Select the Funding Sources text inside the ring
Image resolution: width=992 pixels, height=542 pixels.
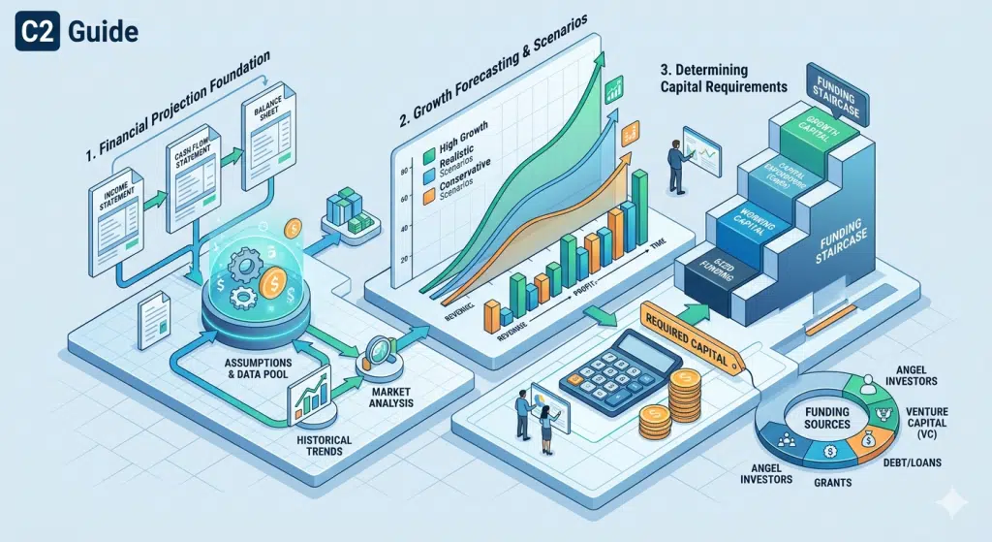click(826, 418)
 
